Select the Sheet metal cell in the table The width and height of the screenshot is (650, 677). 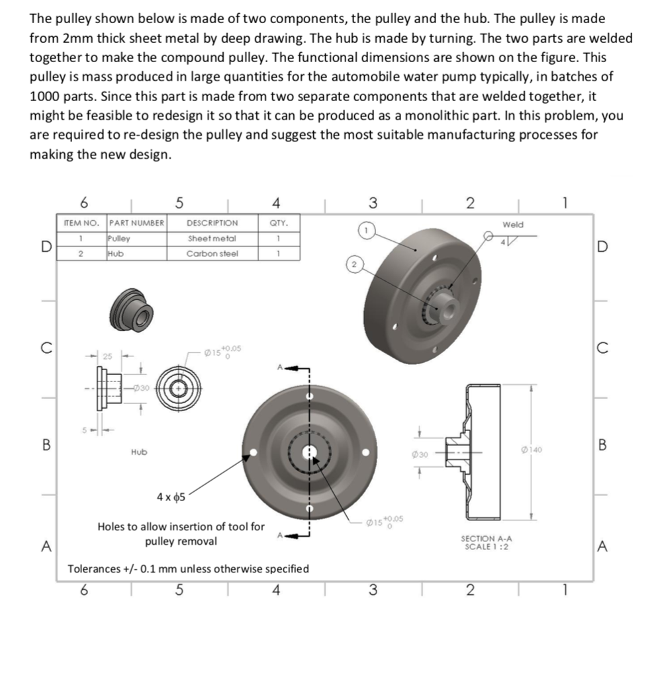coord(212,238)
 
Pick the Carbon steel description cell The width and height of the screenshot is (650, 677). coord(212,253)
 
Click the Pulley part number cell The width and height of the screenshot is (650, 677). coord(119,238)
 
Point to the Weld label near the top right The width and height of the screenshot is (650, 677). coord(512,225)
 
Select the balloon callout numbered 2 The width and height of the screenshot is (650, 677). coord(354,265)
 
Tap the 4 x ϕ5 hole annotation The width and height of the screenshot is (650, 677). coord(170,497)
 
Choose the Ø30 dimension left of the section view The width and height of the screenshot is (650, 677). coord(420,454)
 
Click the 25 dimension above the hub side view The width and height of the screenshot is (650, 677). coord(107,356)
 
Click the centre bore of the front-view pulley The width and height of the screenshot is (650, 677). coord(310,453)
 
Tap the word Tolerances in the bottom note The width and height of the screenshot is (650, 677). coord(94,569)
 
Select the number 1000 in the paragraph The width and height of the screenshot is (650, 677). coord(45,97)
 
